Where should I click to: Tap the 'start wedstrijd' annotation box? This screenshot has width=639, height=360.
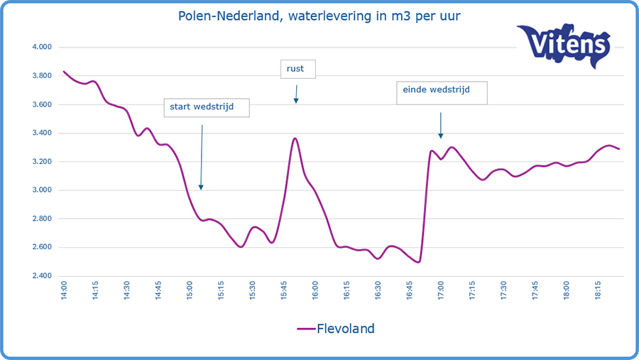pyautogui.click(x=207, y=108)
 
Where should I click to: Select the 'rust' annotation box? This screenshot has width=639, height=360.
pyautogui.click(x=297, y=69)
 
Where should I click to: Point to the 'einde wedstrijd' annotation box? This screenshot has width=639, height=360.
pyautogui.click(x=442, y=93)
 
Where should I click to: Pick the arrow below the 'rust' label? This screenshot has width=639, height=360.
pyautogui.click(x=296, y=94)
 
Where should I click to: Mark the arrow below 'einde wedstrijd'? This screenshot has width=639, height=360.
pyautogui.click(x=441, y=125)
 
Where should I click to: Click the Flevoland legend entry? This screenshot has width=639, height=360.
pyautogui.click(x=336, y=329)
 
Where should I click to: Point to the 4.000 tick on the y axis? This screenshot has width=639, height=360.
pyautogui.click(x=43, y=48)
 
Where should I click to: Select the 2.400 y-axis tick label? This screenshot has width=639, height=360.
pyautogui.click(x=43, y=276)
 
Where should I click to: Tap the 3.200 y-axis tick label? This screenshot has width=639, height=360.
pyautogui.click(x=43, y=162)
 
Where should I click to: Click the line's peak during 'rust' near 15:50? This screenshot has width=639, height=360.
pyautogui.click(x=295, y=138)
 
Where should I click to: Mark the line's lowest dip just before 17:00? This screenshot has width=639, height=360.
pyautogui.click(x=419, y=262)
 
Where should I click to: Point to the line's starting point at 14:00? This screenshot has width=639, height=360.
pyautogui.click(x=64, y=72)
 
